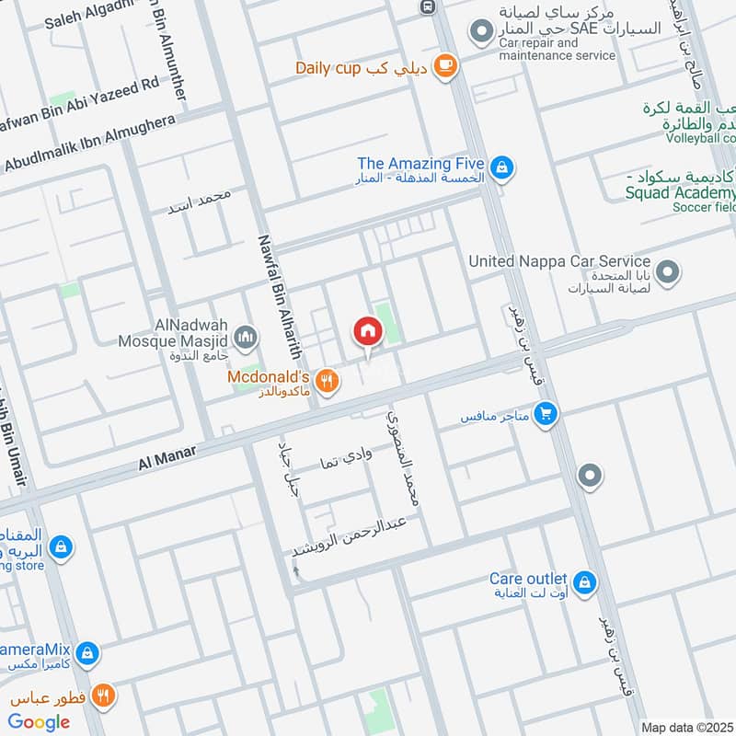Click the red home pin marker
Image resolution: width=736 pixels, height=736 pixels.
367,331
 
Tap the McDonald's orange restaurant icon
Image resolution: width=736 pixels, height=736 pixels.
325,379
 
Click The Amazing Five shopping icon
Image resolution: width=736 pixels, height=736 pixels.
502,167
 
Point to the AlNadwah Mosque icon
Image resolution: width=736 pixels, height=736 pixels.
245,339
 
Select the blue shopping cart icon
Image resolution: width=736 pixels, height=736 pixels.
546,416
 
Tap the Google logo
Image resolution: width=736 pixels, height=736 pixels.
40,722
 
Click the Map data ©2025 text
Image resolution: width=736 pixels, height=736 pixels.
686,727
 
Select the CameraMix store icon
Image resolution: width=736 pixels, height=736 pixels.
87,653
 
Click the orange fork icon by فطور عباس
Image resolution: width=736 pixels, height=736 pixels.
103,696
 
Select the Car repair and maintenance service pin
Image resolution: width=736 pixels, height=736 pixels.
480,35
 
